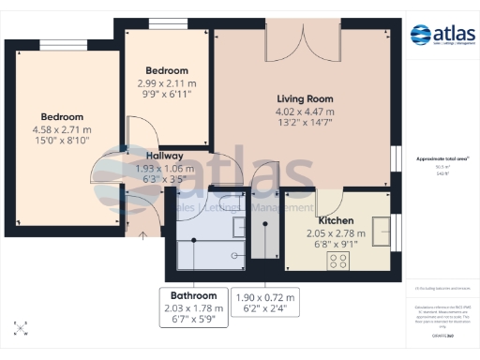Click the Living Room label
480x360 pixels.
[305, 97]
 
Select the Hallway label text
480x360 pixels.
[164, 156]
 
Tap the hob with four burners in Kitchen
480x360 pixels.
[337, 260]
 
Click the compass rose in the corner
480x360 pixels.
[21, 327]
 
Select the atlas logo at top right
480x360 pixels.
[442, 36]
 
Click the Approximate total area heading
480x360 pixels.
[442, 159]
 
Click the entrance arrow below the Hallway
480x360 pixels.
[142, 235]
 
